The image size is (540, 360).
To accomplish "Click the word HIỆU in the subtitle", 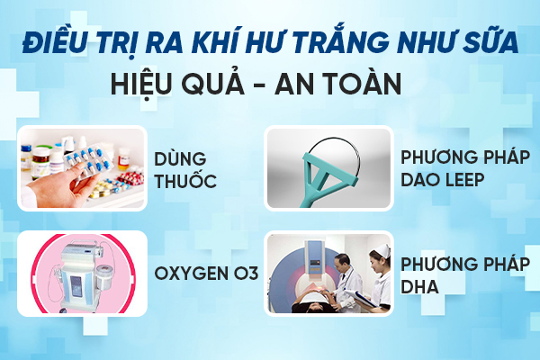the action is pos(141,84).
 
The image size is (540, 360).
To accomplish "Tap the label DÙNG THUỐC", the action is pos(184,170).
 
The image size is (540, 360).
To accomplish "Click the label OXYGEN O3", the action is pos(206,274).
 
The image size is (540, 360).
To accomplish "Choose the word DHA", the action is pos(419,286).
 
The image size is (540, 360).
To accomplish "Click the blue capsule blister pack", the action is pos(89,161).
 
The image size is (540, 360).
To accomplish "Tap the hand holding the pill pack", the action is pos(57,186).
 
